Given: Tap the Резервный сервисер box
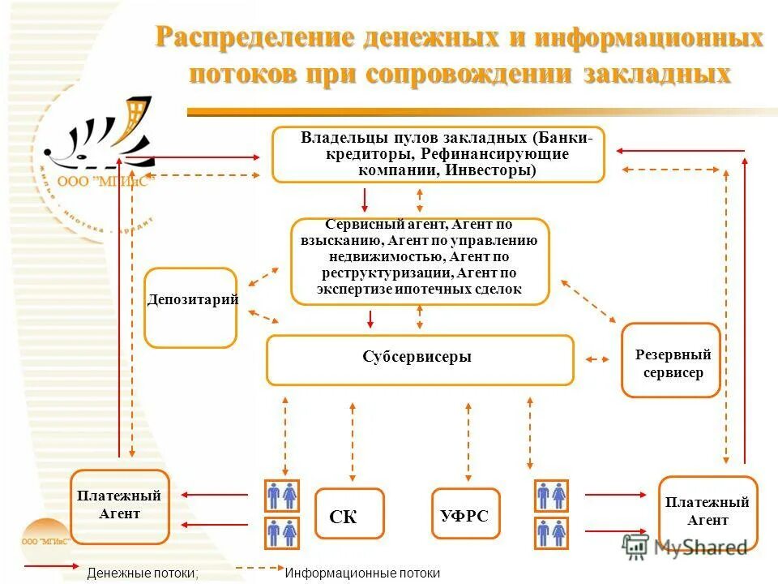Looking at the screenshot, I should tap(671, 361).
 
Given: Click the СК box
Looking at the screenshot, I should tap(348, 513).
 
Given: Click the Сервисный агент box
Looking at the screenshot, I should tap(420, 261).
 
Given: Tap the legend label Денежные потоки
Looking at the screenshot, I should tap(143, 573).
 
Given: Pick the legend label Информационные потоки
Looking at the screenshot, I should tap(362, 573).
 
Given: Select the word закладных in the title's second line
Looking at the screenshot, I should tap(655, 74).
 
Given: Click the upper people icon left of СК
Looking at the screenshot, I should tap(281, 495).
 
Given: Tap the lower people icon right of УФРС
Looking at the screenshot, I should tap(551, 533).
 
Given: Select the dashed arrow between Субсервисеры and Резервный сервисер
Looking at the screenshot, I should tap(598, 359).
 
